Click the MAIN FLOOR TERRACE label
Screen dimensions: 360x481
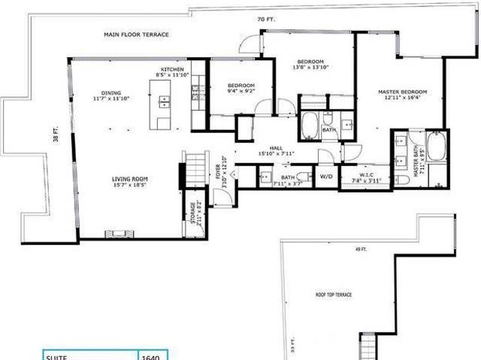pyautogui.click(x=136, y=35)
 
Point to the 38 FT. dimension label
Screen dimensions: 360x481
pyautogui.click(x=56, y=138)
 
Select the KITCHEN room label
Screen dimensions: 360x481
pyautogui.click(x=171, y=69)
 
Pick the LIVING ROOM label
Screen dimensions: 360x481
pyautogui.click(x=129, y=179)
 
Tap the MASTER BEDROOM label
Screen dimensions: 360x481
pyautogui.click(x=404, y=92)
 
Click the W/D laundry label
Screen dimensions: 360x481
pyautogui.click(x=327, y=177)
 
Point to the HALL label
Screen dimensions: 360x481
pyautogui.click(x=275, y=149)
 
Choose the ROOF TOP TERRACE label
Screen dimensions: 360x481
pyautogui.click(x=333, y=295)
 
